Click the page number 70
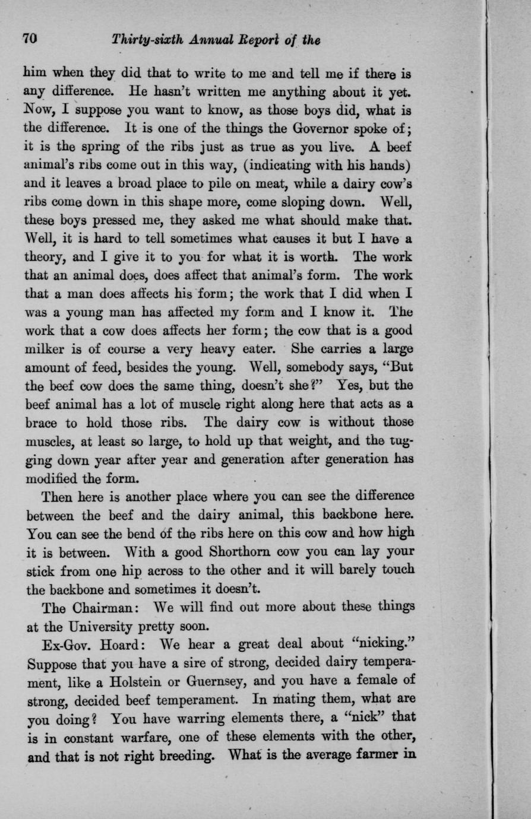[x=30, y=40]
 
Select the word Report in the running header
[x=251, y=40]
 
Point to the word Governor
[x=310, y=129]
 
